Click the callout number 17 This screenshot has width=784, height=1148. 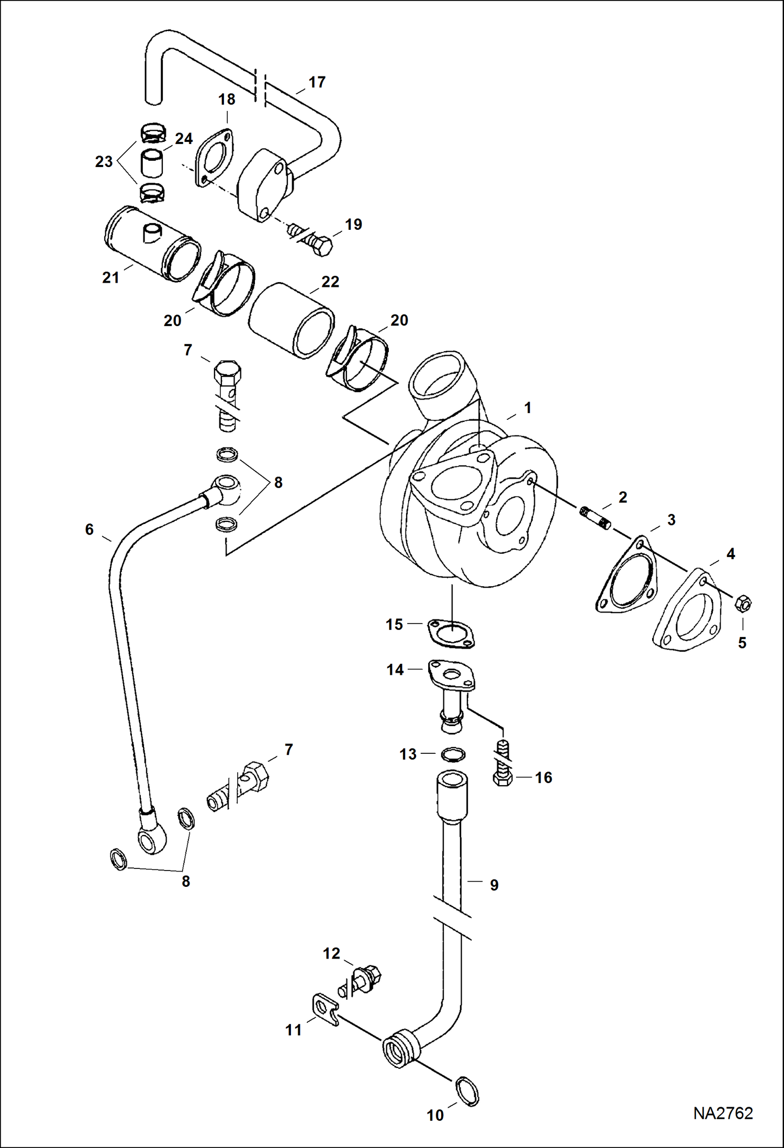(x=317, y=82)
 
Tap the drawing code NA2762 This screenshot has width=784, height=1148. (x=723, y=1113)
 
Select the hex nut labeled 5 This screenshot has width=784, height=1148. (x=743, y=604)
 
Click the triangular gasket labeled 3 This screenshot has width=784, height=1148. (x=626, y=576)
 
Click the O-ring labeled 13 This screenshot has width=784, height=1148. (x=453, y=754)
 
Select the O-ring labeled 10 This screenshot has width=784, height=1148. (x=468, y=1091)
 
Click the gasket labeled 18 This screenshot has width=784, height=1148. (x=214, y=155)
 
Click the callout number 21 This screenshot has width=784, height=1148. (x=110, y=277)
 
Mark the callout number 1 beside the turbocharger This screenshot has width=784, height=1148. (x=528, y=408)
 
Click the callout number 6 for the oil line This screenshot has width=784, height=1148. (x=89, y=529)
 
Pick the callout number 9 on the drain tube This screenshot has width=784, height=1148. (x=494, y=885)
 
